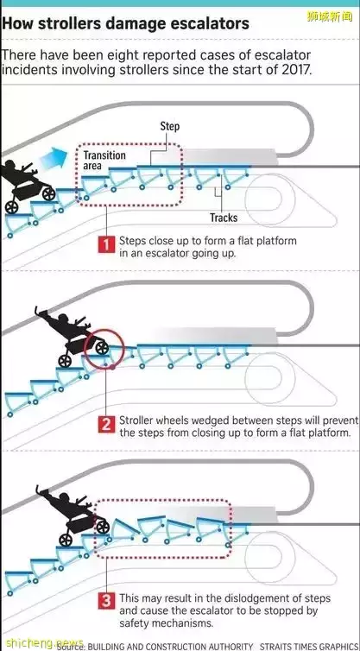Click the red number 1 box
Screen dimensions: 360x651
click(106, 245)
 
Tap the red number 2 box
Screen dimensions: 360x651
click(106, 425)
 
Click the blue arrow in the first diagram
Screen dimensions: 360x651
click(54, 159)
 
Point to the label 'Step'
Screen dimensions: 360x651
click(170, 126)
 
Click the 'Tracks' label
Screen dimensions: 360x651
click(224, 218)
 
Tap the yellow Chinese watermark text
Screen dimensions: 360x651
click(329, 17)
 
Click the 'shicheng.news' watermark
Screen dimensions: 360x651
click(41, 643)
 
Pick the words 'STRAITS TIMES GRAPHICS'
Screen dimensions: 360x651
click(309, 647)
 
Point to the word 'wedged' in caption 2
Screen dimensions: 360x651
click(213, 421)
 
